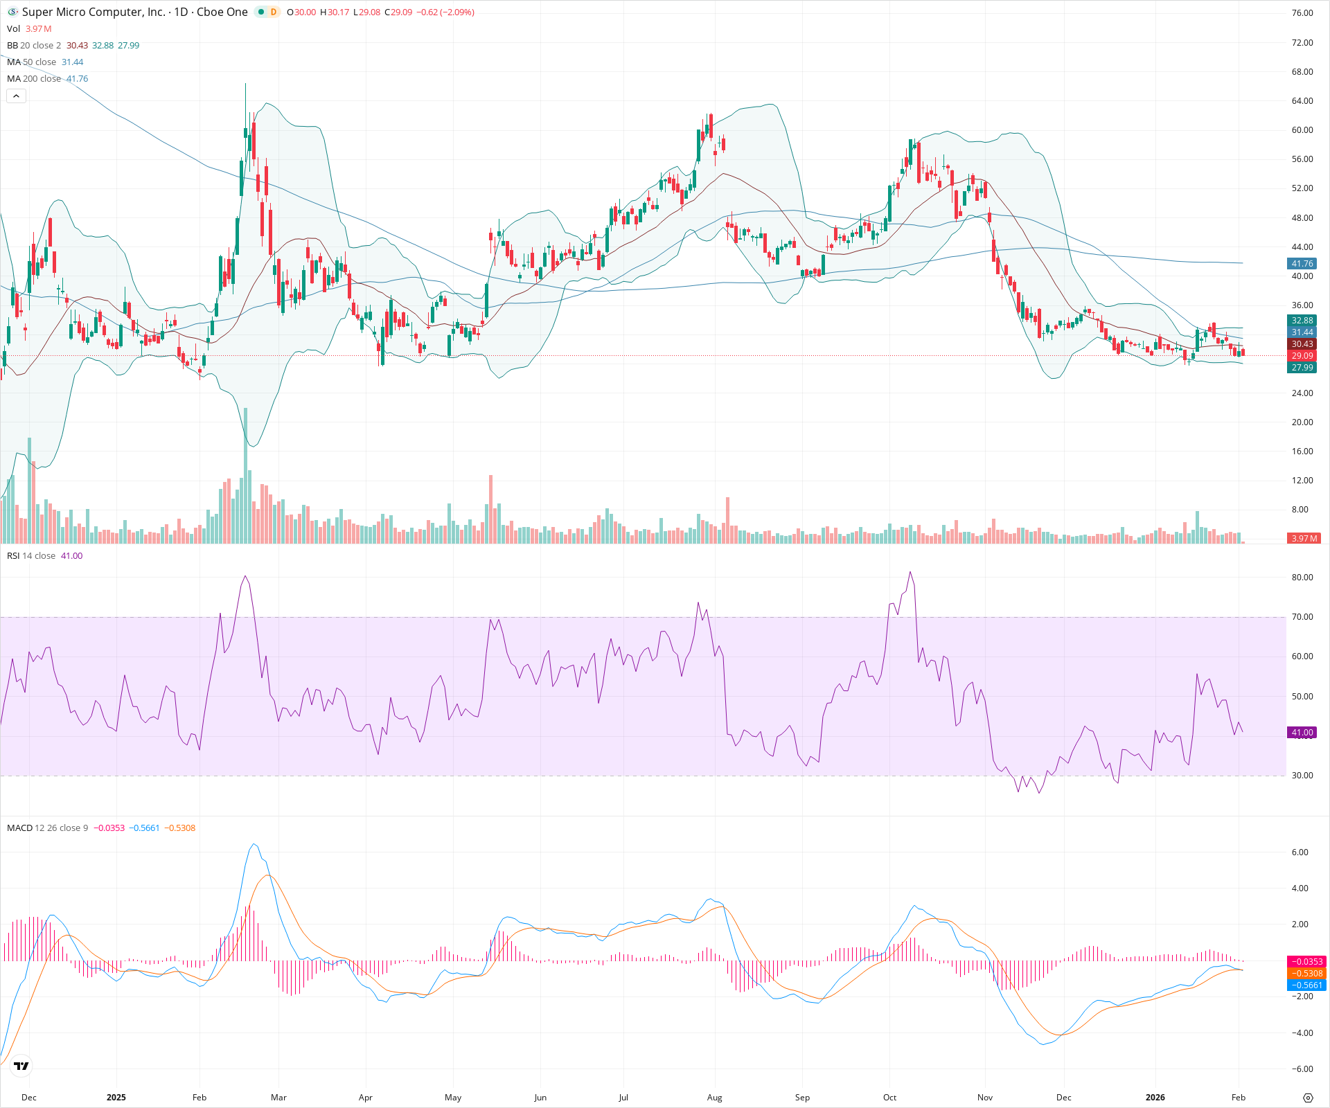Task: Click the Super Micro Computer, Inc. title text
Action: click(x=94, y=12)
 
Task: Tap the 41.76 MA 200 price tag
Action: click(x=1302, y=264)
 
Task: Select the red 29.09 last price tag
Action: click(x=1302, y=356)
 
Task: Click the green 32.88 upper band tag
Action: click(x=1302, y=321)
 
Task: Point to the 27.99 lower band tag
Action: click(x=1302, y=368)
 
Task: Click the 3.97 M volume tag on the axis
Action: click(x=1304, y=538)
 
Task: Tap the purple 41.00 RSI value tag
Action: click(x=1302, y=732)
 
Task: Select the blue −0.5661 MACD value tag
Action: click(x=1306, y=985)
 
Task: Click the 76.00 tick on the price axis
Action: click(x=1302, y=13)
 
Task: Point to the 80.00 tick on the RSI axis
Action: click(x=1302, y=578)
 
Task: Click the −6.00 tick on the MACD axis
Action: click(x=1302, y=1069)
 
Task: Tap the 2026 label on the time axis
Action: click(x=1155, y=1097)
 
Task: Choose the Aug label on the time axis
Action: click(x=714, y=1097)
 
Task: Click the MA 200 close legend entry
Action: click(x=35, y=79)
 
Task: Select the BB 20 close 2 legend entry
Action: click(x=34, y=46)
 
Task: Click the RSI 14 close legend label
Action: click(x=31, y=556)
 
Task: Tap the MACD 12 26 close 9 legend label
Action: click(x=47, y=828)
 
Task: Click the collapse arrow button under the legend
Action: click(x=17, y=96)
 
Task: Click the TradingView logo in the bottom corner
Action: click(x=21, y=1066)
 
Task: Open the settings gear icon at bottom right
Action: click(x=1308, y=1098)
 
